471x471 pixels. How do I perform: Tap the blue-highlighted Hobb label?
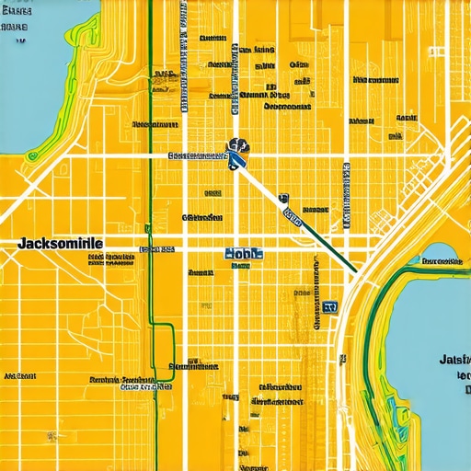(x=244, y=253)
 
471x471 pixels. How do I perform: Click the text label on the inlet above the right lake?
(x=439, y=260)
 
